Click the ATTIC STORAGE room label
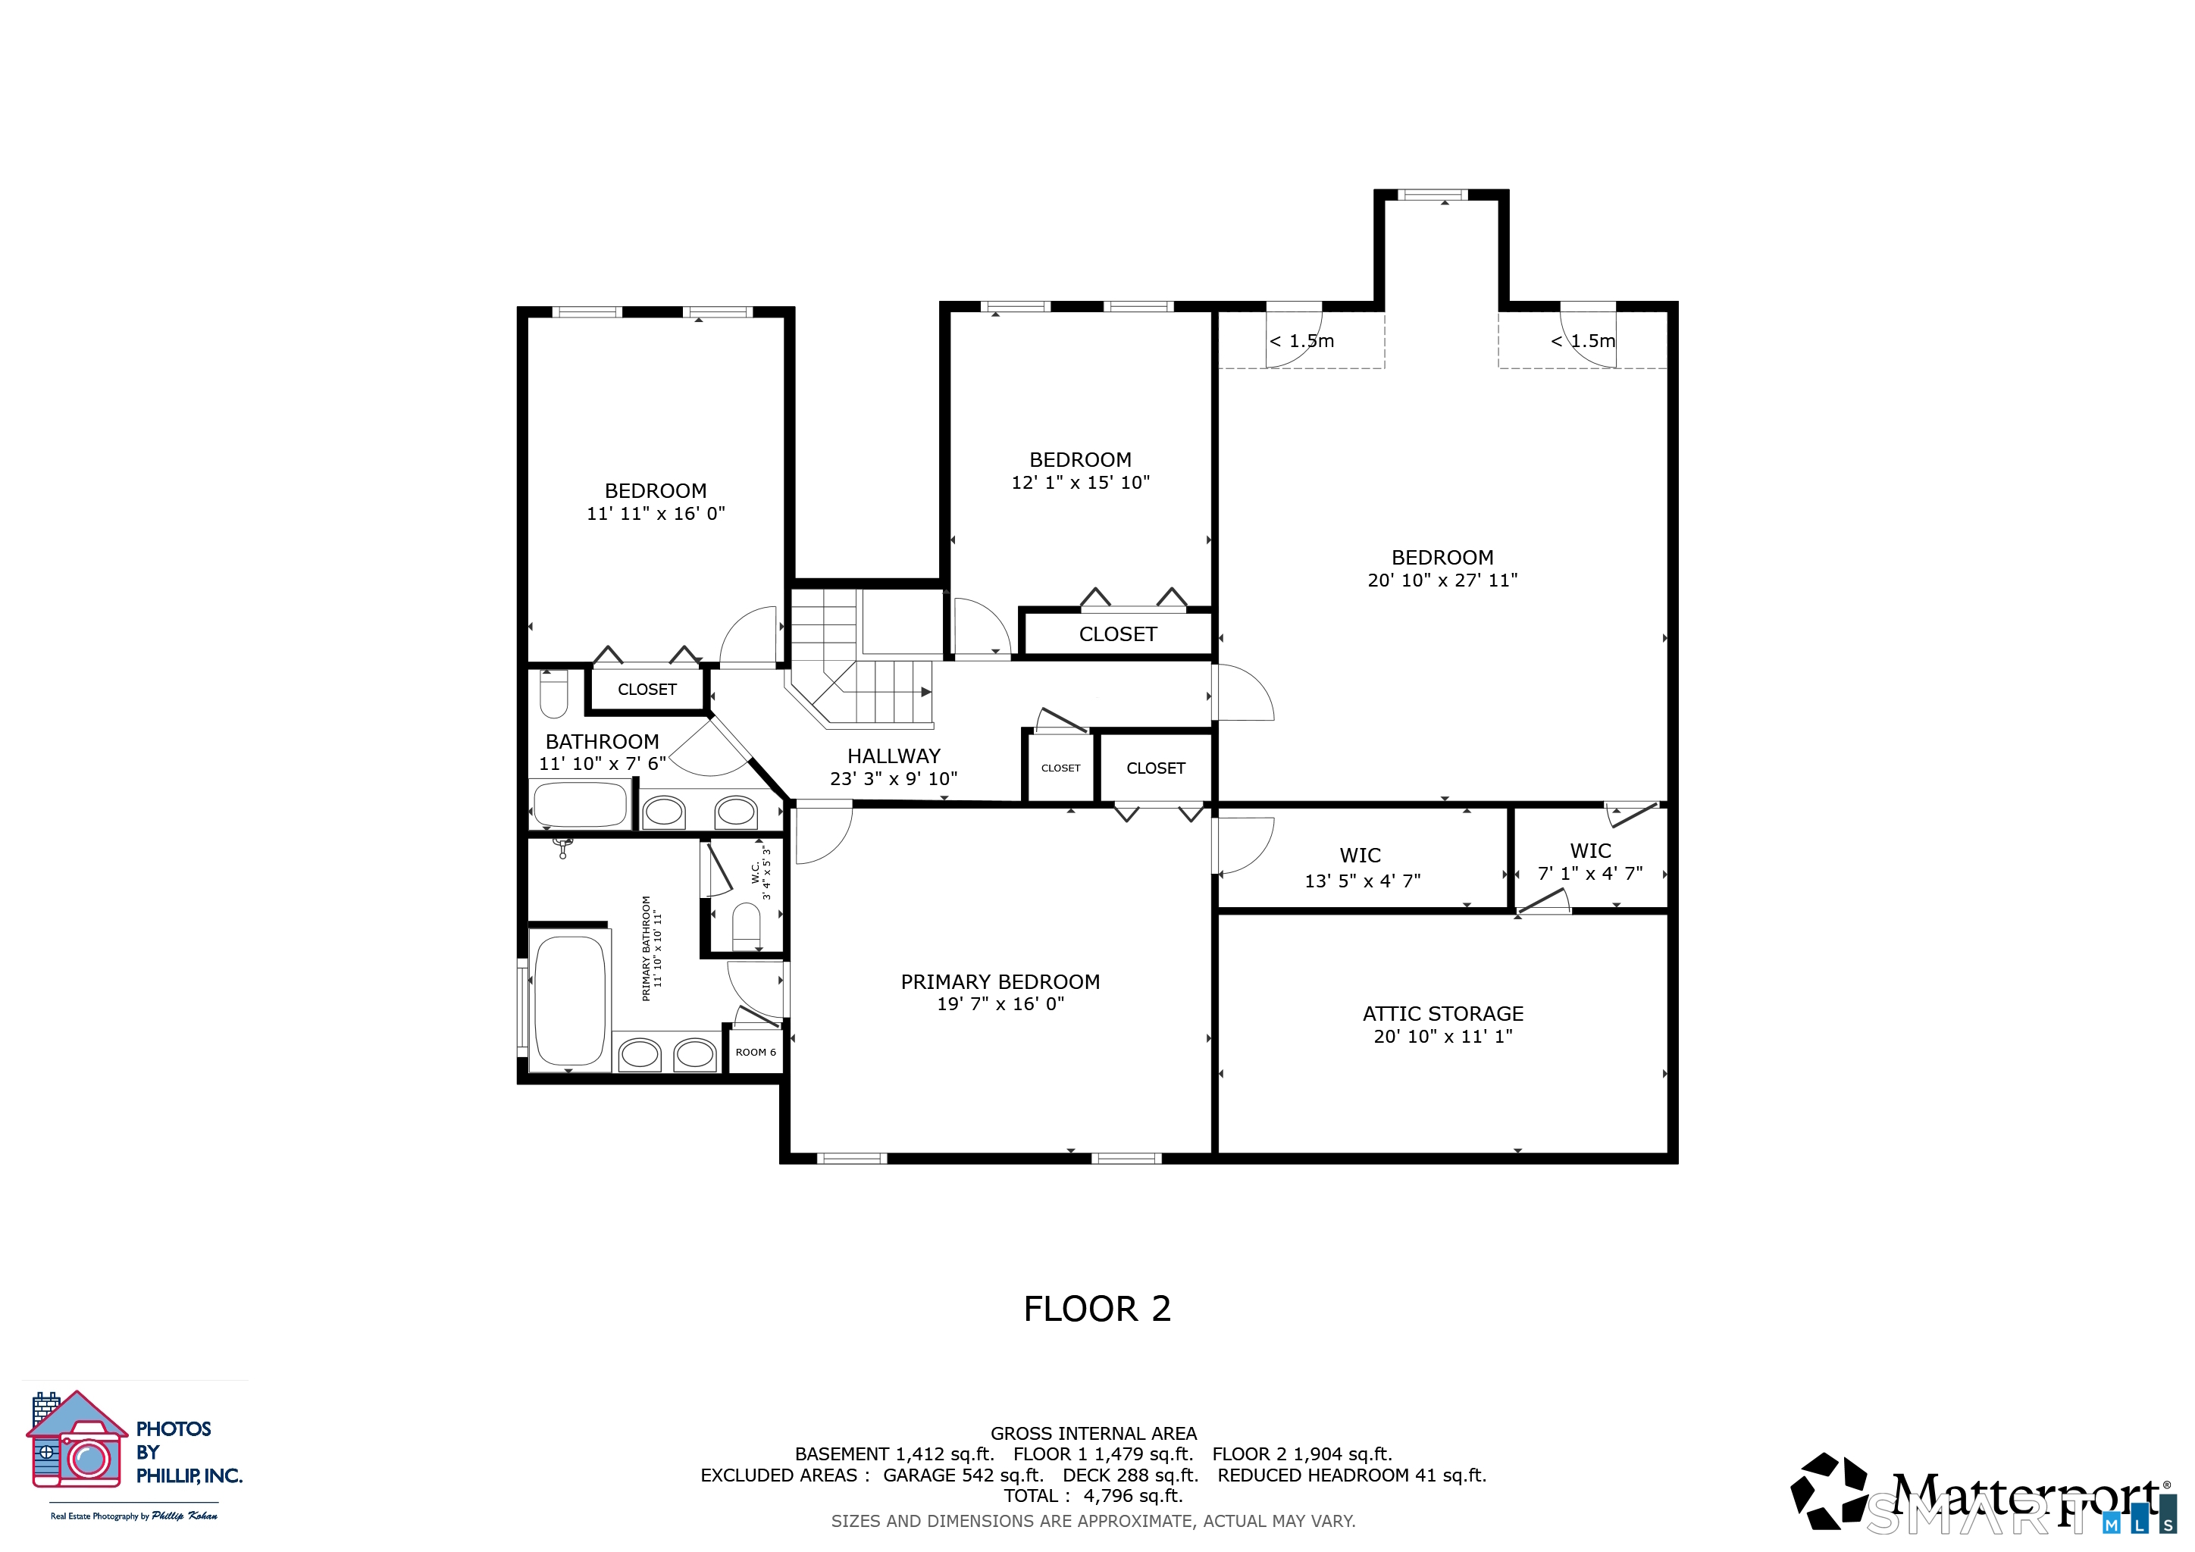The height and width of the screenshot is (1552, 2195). pos(1442,1014)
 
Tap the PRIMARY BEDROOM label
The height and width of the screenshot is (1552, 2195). pos(1000,981)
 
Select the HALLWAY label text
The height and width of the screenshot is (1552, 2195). pos(894,756)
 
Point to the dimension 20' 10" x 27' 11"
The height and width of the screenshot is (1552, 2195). pos(1442,580)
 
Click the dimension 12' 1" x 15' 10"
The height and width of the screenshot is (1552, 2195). pos(1080,483)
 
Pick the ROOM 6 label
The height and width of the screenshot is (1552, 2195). pos(755,1052)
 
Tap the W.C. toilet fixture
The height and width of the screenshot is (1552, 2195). pos(746,926)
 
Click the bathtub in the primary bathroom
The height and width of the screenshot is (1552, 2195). pos(570,1000)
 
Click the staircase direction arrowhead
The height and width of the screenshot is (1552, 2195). pos(925,691)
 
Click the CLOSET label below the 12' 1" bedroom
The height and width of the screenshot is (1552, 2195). pos(1117,634)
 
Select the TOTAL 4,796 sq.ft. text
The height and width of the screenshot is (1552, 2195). pos(1094,1496)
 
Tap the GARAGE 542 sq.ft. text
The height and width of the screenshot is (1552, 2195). pos(963,1475)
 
